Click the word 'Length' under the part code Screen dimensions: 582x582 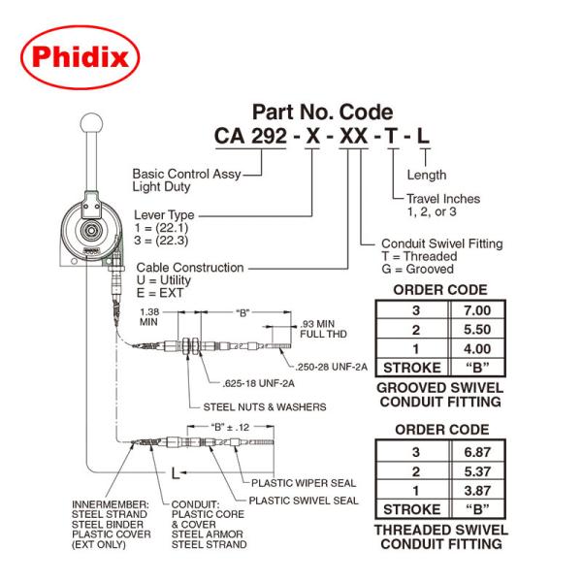pos(427,176)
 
